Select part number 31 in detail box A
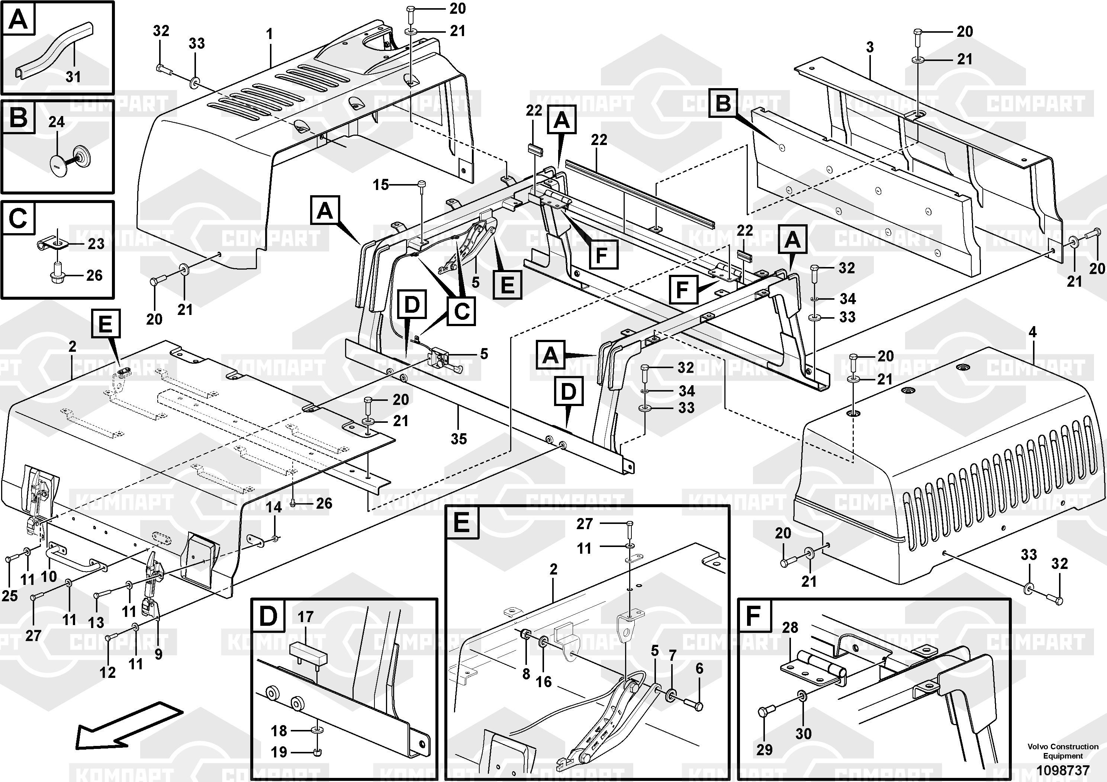coord(73,77)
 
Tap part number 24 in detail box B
coord(57,122)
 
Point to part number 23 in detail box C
coord(96,244)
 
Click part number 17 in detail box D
coord(306,617)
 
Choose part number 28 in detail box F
coord(790,627)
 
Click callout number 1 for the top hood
coord(270,34)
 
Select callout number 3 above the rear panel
coord(870,47)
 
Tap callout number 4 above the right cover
coord(1032,332)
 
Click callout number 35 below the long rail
coord(458,439)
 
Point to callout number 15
coord(381,185)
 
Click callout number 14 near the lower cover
coord(274,507)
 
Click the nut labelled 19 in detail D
coord(317,752)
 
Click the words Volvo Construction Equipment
coord(1063,751)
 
